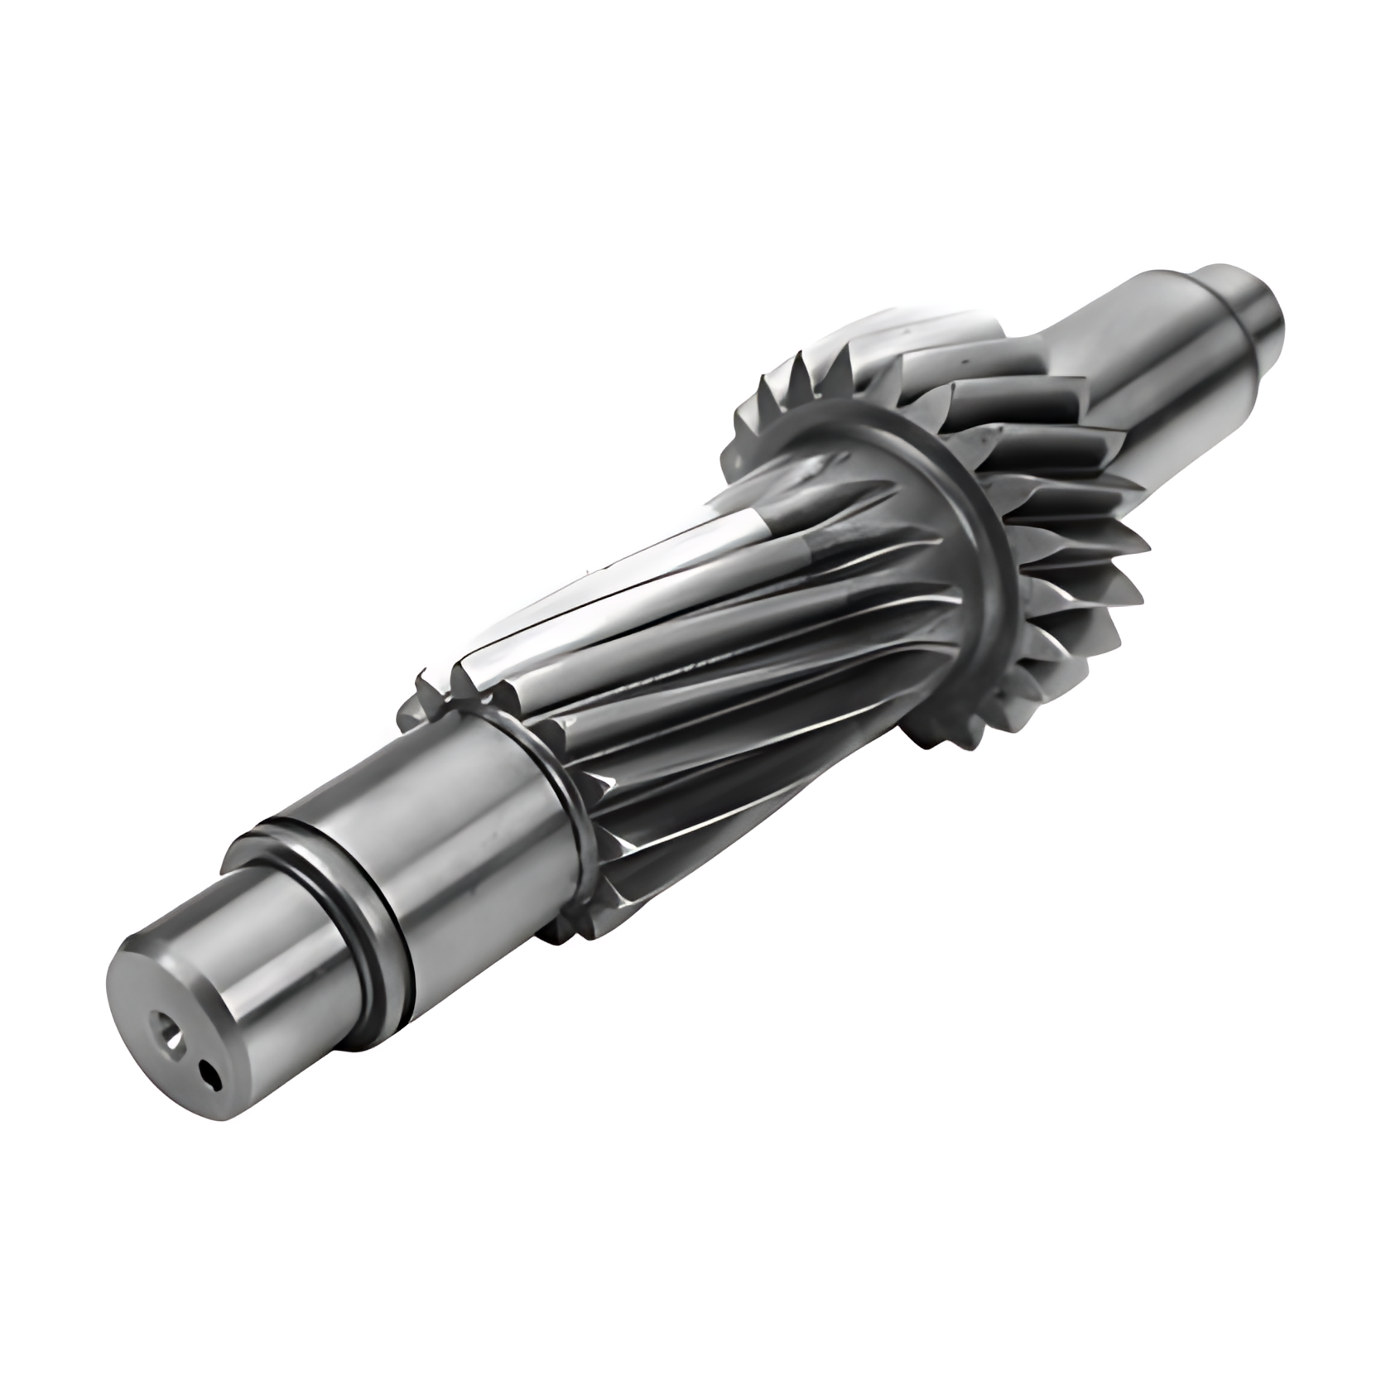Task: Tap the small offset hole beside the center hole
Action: click(208, 1076)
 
